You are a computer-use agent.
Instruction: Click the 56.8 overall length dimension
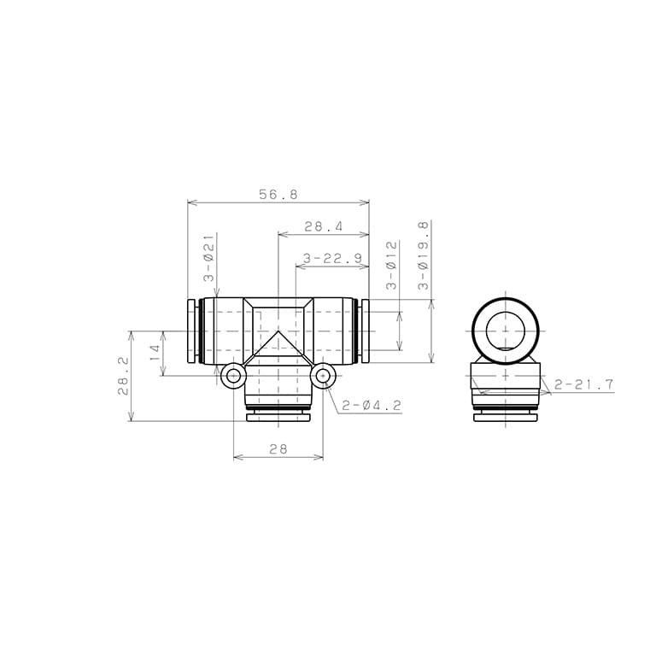[278, 194]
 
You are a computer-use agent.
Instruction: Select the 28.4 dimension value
[323, 226]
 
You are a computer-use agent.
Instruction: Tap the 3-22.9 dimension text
[332, 258]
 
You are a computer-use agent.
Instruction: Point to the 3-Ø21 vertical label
[208, 257]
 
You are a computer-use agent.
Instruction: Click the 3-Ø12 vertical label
[391, 266]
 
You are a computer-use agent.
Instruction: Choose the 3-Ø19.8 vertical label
[424, 255]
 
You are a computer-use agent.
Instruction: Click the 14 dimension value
[155, 353]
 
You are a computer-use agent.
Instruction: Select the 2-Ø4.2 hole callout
[372, 405]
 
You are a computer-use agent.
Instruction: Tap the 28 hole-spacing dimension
[278, 449]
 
